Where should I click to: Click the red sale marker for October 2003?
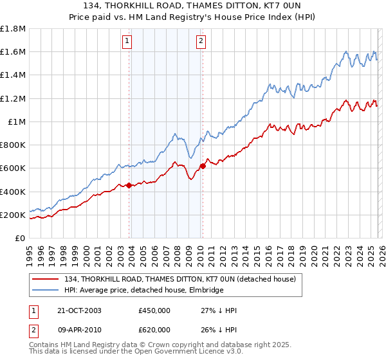(x=129, y=186)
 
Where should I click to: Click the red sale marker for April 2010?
(x=203, y=166)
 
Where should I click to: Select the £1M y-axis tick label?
(x=17, y=122)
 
